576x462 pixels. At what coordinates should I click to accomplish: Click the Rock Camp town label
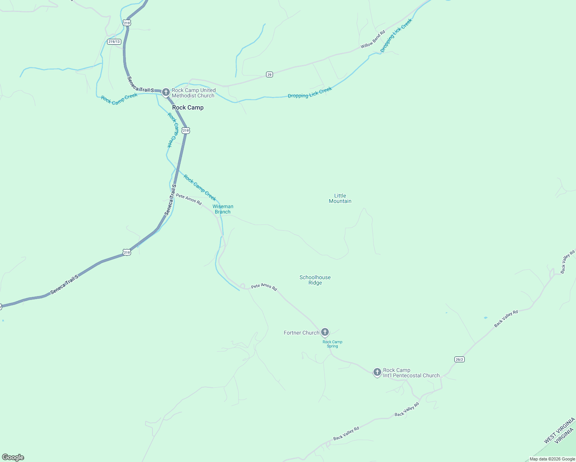188,107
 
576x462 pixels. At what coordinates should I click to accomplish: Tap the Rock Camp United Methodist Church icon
166,92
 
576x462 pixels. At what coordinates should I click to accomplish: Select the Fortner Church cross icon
325,332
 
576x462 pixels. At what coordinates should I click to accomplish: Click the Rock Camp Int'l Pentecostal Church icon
377,372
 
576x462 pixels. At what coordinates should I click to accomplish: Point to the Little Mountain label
340,198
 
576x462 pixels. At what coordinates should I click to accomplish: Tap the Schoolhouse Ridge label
315,280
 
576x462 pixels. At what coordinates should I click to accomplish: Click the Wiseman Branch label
223,209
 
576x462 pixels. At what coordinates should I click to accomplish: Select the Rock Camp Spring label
332,344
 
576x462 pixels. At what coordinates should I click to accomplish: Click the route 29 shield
270,74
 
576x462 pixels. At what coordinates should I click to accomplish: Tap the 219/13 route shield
114,42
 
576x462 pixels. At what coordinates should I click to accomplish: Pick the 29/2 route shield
459,359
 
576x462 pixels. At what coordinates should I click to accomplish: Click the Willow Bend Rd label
373,40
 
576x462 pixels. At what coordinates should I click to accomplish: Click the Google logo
13,457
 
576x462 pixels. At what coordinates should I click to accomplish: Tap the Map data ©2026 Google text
552,459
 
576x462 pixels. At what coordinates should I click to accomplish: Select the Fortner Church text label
301,333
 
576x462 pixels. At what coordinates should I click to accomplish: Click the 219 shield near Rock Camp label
186,131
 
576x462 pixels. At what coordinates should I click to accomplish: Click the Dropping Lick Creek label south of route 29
310,93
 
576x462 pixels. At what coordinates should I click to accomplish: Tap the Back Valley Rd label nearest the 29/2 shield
506,319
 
